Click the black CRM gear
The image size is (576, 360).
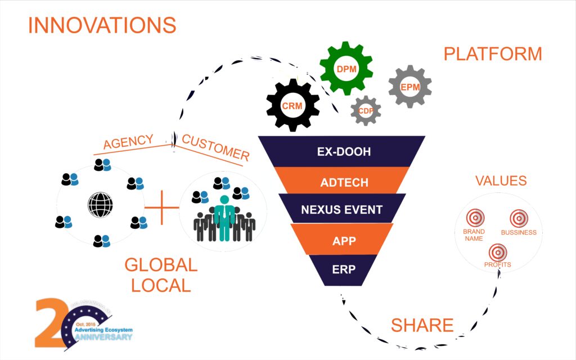coord(292,105)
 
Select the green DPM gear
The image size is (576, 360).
coord(345,69)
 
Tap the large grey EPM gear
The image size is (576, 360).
coord(409,87)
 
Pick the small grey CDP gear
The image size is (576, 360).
coord(366,111)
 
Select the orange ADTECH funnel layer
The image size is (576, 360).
coord(344,182)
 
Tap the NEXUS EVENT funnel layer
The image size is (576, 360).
coord(341,210)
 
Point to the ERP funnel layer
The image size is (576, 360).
coord(344,269)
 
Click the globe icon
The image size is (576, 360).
coord(100,204)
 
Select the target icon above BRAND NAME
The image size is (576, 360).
coord(475,217)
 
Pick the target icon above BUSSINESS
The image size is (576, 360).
coord(519,218)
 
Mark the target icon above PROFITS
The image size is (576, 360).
coord(497,251)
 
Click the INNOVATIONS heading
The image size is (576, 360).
coord(102,25)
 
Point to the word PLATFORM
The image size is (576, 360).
coord(493,54)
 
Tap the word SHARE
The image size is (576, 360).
coord(422,325)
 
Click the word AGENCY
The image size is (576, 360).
coord(128,143)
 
